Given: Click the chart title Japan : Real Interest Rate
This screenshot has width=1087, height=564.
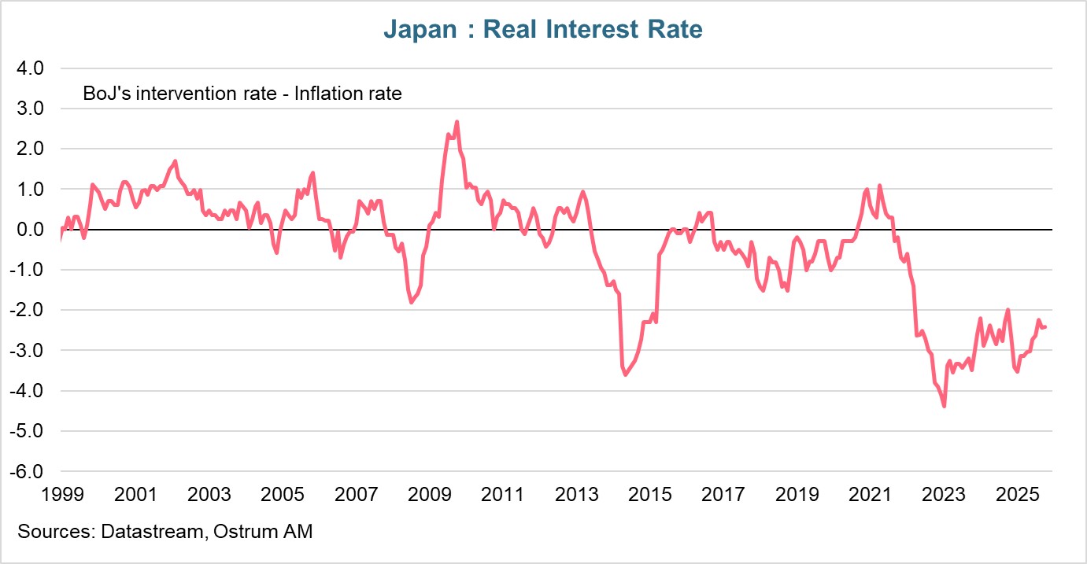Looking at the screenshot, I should [542, 30].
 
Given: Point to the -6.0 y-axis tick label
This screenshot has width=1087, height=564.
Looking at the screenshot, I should [30, 472].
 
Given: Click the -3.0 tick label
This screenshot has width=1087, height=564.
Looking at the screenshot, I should [30, 351].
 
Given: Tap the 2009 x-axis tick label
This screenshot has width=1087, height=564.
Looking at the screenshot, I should [429, 495].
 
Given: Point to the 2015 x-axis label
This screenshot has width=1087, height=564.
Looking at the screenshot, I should [649, 495].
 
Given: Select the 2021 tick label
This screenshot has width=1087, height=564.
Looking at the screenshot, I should [871, 495].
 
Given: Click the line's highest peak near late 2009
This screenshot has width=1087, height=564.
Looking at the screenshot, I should [457, 122].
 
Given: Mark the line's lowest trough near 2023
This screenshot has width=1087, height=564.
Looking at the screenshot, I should [944, 406].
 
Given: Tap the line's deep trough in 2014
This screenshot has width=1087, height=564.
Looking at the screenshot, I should [626, 374].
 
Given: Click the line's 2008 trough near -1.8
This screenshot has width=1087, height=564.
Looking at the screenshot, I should [412, 302].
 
